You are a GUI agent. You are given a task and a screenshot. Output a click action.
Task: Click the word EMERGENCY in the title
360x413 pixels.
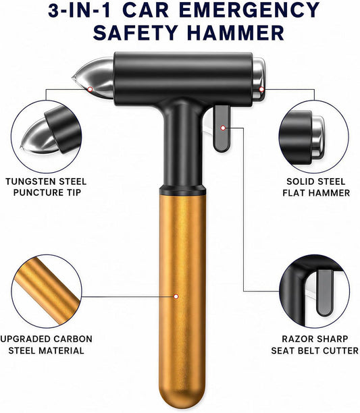point(251,11)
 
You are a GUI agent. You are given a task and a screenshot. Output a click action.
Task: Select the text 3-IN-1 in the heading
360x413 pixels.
point(79,11)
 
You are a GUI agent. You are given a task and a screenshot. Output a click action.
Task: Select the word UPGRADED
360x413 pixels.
point(25,339)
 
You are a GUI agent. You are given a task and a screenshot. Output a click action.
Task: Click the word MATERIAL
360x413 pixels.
point(61,350)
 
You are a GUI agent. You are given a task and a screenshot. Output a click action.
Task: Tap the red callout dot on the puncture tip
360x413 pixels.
point(90,89)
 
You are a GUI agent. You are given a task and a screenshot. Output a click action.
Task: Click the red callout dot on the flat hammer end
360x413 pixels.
point(261,89)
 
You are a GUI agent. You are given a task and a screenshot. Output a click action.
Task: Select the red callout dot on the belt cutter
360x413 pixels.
point(223,128)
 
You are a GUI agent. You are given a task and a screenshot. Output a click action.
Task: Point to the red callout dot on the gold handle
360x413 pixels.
point(176,296)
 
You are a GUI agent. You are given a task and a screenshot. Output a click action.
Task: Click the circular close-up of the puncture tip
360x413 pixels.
point(47,136)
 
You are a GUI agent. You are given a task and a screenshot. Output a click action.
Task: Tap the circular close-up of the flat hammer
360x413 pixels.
point(314,136)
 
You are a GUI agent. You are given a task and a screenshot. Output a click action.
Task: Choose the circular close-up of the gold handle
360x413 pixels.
point(47,291)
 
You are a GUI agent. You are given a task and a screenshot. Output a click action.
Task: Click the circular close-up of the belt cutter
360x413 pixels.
point(314,291)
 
